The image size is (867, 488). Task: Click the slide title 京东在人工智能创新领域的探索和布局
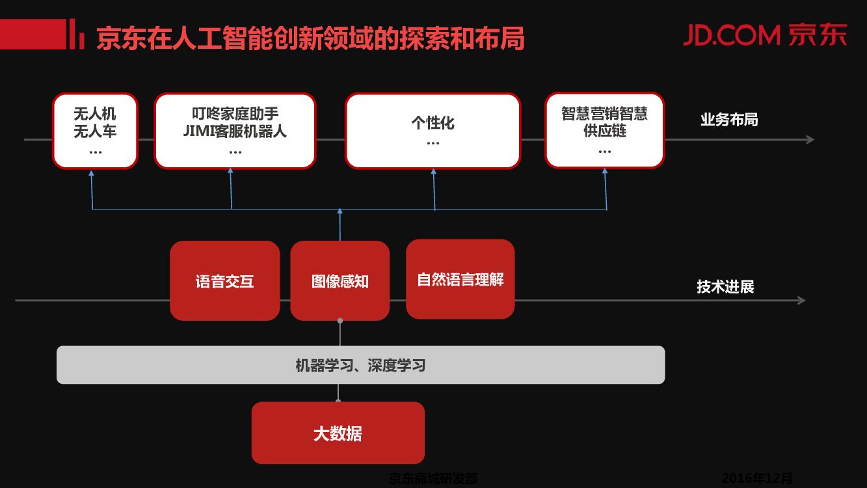tap(310, 38)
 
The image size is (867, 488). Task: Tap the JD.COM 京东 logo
tap(765, 35)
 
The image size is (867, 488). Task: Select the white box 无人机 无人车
tap(95, 131)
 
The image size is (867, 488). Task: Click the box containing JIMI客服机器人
tap(235, 131)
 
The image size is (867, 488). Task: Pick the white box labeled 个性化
tap(433, 131)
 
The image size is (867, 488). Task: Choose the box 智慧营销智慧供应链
tap(604, 131)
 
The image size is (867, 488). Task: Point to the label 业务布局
tap(728, 120)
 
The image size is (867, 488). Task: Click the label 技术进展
tap(725, 286)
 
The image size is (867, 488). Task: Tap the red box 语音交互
tap(224, 281)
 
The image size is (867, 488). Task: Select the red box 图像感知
tap(340, 281)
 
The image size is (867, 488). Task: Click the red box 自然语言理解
tap(460, 279)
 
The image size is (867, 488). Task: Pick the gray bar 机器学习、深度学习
tap(360, 365)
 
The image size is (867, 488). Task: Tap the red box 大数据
tap(338, 433)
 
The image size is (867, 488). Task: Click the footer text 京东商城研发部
tap(433, 479)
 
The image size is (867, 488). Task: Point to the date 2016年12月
tap(757, 479)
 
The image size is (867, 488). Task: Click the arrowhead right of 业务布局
tap(810, 139)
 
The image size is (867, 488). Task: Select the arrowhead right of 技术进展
tap(802, 300)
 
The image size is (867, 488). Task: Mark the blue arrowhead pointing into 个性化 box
tap(434, 172)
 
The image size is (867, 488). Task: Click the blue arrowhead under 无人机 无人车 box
tap(92, 173)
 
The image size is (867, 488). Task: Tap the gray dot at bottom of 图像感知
tap(340, 321)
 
